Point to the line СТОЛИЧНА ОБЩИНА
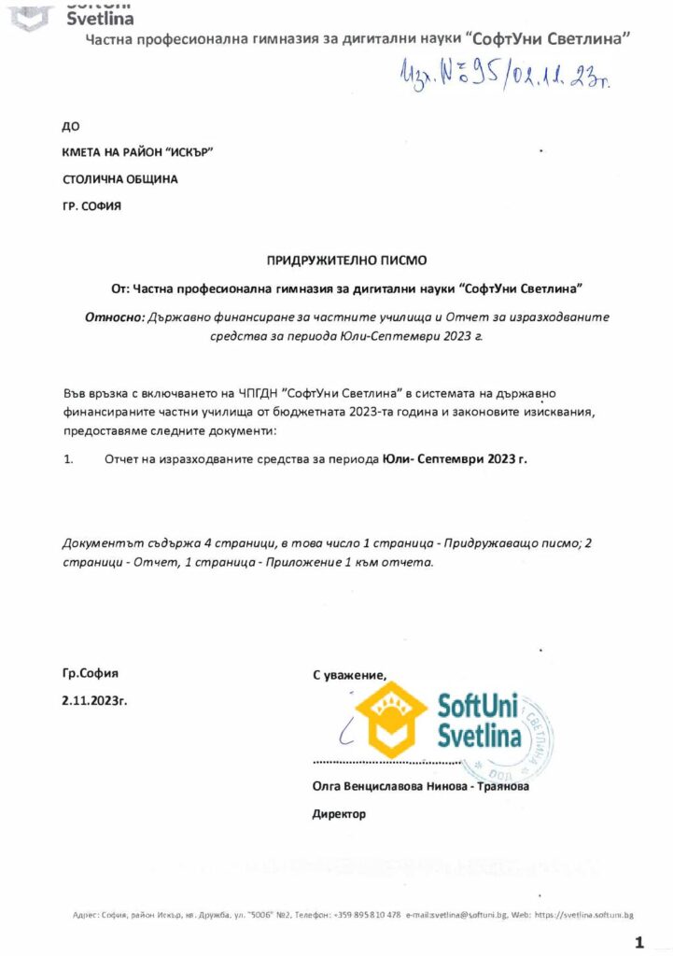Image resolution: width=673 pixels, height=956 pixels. coord(120,178)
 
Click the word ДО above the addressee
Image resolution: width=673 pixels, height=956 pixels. coord(70,125)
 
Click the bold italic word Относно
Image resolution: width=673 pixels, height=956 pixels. coord(114,316)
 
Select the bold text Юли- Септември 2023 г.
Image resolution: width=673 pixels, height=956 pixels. coord(455,459)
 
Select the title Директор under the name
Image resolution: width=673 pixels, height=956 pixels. coord(339,814)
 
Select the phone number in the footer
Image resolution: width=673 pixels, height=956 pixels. coord(370,914)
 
